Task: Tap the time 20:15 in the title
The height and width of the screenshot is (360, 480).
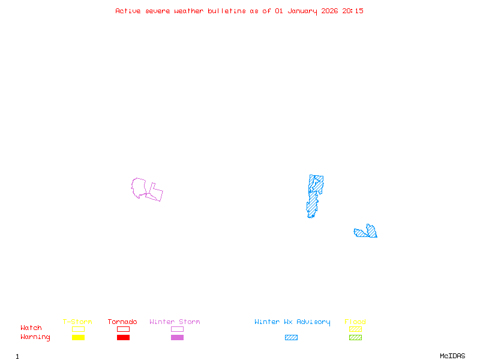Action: pos(353,11)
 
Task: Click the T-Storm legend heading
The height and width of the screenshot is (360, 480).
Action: pos(77,322)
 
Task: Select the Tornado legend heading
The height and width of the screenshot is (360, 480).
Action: pos(122,322)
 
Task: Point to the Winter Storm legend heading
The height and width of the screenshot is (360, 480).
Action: pos(175,322)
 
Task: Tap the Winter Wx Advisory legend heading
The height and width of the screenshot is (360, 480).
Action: pos(292,322)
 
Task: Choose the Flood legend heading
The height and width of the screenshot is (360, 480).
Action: pos(355,322)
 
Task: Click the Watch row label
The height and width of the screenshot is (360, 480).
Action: pos(31,328)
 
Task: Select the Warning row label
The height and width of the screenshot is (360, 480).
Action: pos(35,337)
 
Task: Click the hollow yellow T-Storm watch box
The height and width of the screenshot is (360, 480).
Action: pos(78,329)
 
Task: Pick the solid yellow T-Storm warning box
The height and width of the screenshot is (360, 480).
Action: pos(78,337)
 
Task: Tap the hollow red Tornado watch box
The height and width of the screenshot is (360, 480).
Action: pos(123,329)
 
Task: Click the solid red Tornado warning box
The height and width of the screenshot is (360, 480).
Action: pos(123,337)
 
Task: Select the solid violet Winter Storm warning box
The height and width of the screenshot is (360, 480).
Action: pos(177,337)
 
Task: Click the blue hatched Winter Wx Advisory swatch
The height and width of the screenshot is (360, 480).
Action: pos(291,337)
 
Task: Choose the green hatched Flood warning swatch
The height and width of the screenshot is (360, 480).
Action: pos(355,337)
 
